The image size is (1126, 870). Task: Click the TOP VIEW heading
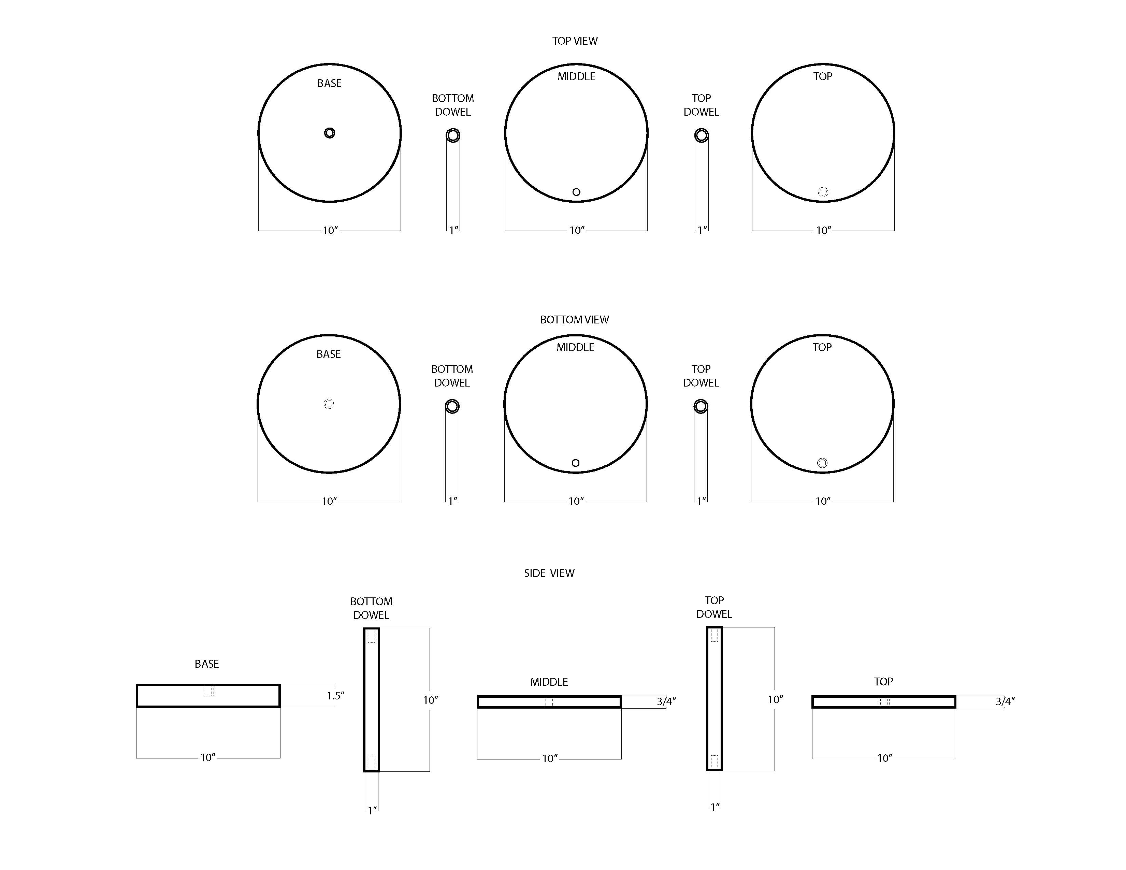575,41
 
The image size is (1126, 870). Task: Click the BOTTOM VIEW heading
574,320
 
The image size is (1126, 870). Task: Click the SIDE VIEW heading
549,573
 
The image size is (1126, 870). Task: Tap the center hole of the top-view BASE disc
330,133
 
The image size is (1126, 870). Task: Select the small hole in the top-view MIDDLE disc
576,192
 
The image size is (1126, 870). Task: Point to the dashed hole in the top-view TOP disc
823,192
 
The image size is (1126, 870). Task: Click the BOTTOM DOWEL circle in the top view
453,135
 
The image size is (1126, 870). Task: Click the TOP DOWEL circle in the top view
701,135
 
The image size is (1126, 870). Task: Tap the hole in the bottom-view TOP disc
822,463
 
